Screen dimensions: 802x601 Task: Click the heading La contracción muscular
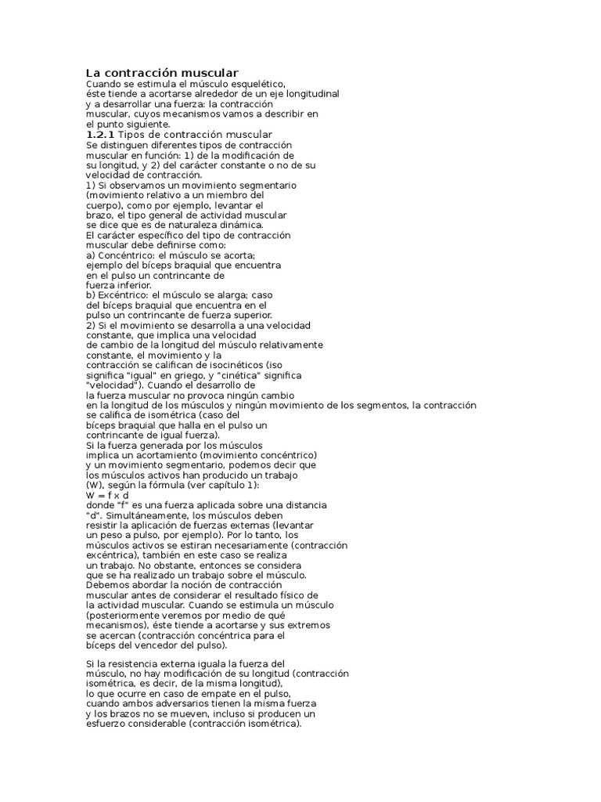click(x=162, y=73)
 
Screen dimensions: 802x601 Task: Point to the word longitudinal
click(x=308, y=93)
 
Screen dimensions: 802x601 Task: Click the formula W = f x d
click(x=107, y=495)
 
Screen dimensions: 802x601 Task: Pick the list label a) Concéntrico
click(x=117, y=255)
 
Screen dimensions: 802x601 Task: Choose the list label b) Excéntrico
click(x=115, y=295)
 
